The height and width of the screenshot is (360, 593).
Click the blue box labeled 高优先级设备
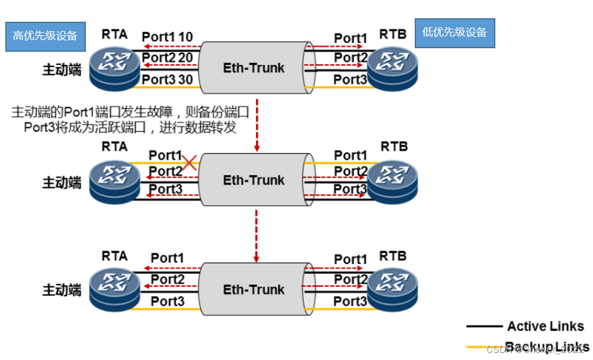tap(45, 36)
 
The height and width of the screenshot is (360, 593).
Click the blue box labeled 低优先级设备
tap(455, 33)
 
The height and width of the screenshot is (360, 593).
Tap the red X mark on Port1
tap(189, 162)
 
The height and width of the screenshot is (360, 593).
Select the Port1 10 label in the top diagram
tap(168, 37)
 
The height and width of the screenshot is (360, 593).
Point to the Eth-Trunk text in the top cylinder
tap(254, 68)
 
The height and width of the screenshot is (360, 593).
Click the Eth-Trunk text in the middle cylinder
tap(254, 180)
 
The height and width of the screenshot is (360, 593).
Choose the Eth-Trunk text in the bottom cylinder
tap(254, 289)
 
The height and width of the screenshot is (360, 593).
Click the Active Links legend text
tap(545, 326)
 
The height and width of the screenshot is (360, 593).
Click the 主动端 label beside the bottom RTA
tap(62, 290)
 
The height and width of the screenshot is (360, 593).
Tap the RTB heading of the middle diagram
tap(394, 146)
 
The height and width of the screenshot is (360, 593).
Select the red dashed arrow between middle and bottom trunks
tap(256, 235)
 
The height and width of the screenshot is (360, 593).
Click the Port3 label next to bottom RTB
tap(351, 301)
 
